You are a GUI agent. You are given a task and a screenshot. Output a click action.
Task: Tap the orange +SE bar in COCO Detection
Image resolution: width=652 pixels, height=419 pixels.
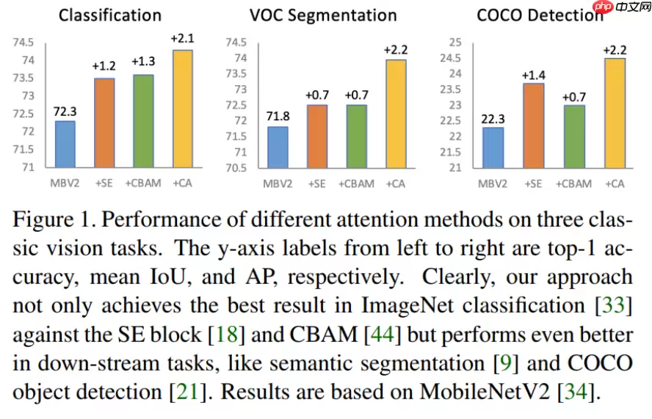tap(533, 125)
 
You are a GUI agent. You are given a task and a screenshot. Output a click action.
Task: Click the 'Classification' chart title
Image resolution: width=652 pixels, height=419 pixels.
tap(110, 15)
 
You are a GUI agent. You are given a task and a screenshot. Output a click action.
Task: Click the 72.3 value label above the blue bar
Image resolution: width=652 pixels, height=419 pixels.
tap(65, 112)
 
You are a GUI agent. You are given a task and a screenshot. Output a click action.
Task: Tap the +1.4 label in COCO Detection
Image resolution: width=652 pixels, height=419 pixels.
tap(533, 74)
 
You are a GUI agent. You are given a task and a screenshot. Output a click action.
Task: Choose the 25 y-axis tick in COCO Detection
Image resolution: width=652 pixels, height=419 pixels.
tap(455, 42)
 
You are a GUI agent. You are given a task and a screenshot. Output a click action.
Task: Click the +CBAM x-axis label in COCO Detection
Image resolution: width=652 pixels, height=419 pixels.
tap(573, 183)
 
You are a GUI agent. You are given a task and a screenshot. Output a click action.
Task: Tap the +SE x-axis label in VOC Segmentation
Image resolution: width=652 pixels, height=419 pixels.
tap(317, 183)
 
